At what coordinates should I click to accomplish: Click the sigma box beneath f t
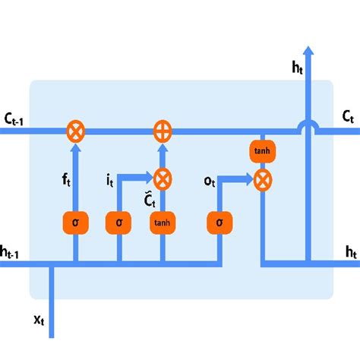click(x=74, y=223)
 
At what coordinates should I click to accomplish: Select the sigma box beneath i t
click(x=119, y=223)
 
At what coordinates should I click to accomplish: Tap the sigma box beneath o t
click(x=219, y=223)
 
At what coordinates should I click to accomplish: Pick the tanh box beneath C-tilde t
click(x=162, y=223)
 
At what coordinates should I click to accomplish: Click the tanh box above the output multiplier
click(x=261, y=150)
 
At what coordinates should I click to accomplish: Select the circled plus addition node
click(x=162, y=131)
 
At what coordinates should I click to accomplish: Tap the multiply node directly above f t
click(x=75, y=131)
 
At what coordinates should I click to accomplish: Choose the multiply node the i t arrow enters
click(x=162, y=179)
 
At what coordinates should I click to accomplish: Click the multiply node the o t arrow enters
click(x=262, y=180)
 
